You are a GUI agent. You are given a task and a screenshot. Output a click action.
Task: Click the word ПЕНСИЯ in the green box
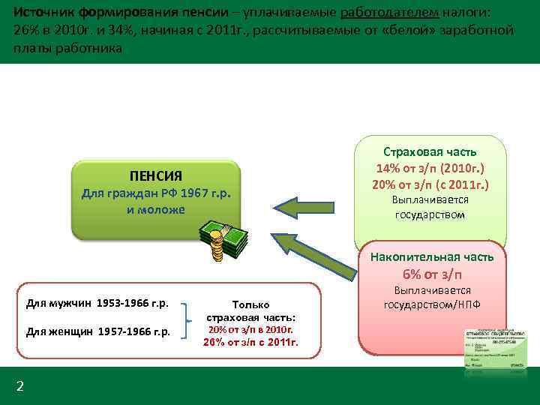[x=155, y=176]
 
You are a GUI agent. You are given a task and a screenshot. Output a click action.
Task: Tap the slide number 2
[x=20, y=386]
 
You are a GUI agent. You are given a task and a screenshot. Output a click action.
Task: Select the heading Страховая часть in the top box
[x=430, y=151]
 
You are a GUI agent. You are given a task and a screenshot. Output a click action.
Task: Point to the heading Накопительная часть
[x=432, y=257]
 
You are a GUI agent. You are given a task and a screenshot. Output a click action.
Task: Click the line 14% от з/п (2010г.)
[x=430, y=168]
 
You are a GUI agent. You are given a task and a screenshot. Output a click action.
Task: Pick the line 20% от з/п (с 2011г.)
[x=430, y=184]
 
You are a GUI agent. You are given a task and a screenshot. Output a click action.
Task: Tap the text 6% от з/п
[x=432, y=274]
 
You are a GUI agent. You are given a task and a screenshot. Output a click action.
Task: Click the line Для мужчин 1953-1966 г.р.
[x=97, y=304]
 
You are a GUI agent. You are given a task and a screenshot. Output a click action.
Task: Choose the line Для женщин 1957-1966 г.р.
[x=97, y=331]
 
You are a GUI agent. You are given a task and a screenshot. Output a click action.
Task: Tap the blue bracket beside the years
[x=190, y=317]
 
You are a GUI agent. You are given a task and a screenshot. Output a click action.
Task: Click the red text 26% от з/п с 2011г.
[x=250, y=343]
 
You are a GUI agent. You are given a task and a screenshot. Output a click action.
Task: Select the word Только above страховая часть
[x=251, y=304]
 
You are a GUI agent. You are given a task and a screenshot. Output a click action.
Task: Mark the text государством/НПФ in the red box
[x=432, y=304]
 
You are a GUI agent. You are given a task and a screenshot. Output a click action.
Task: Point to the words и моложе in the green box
[x=155, y=209]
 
